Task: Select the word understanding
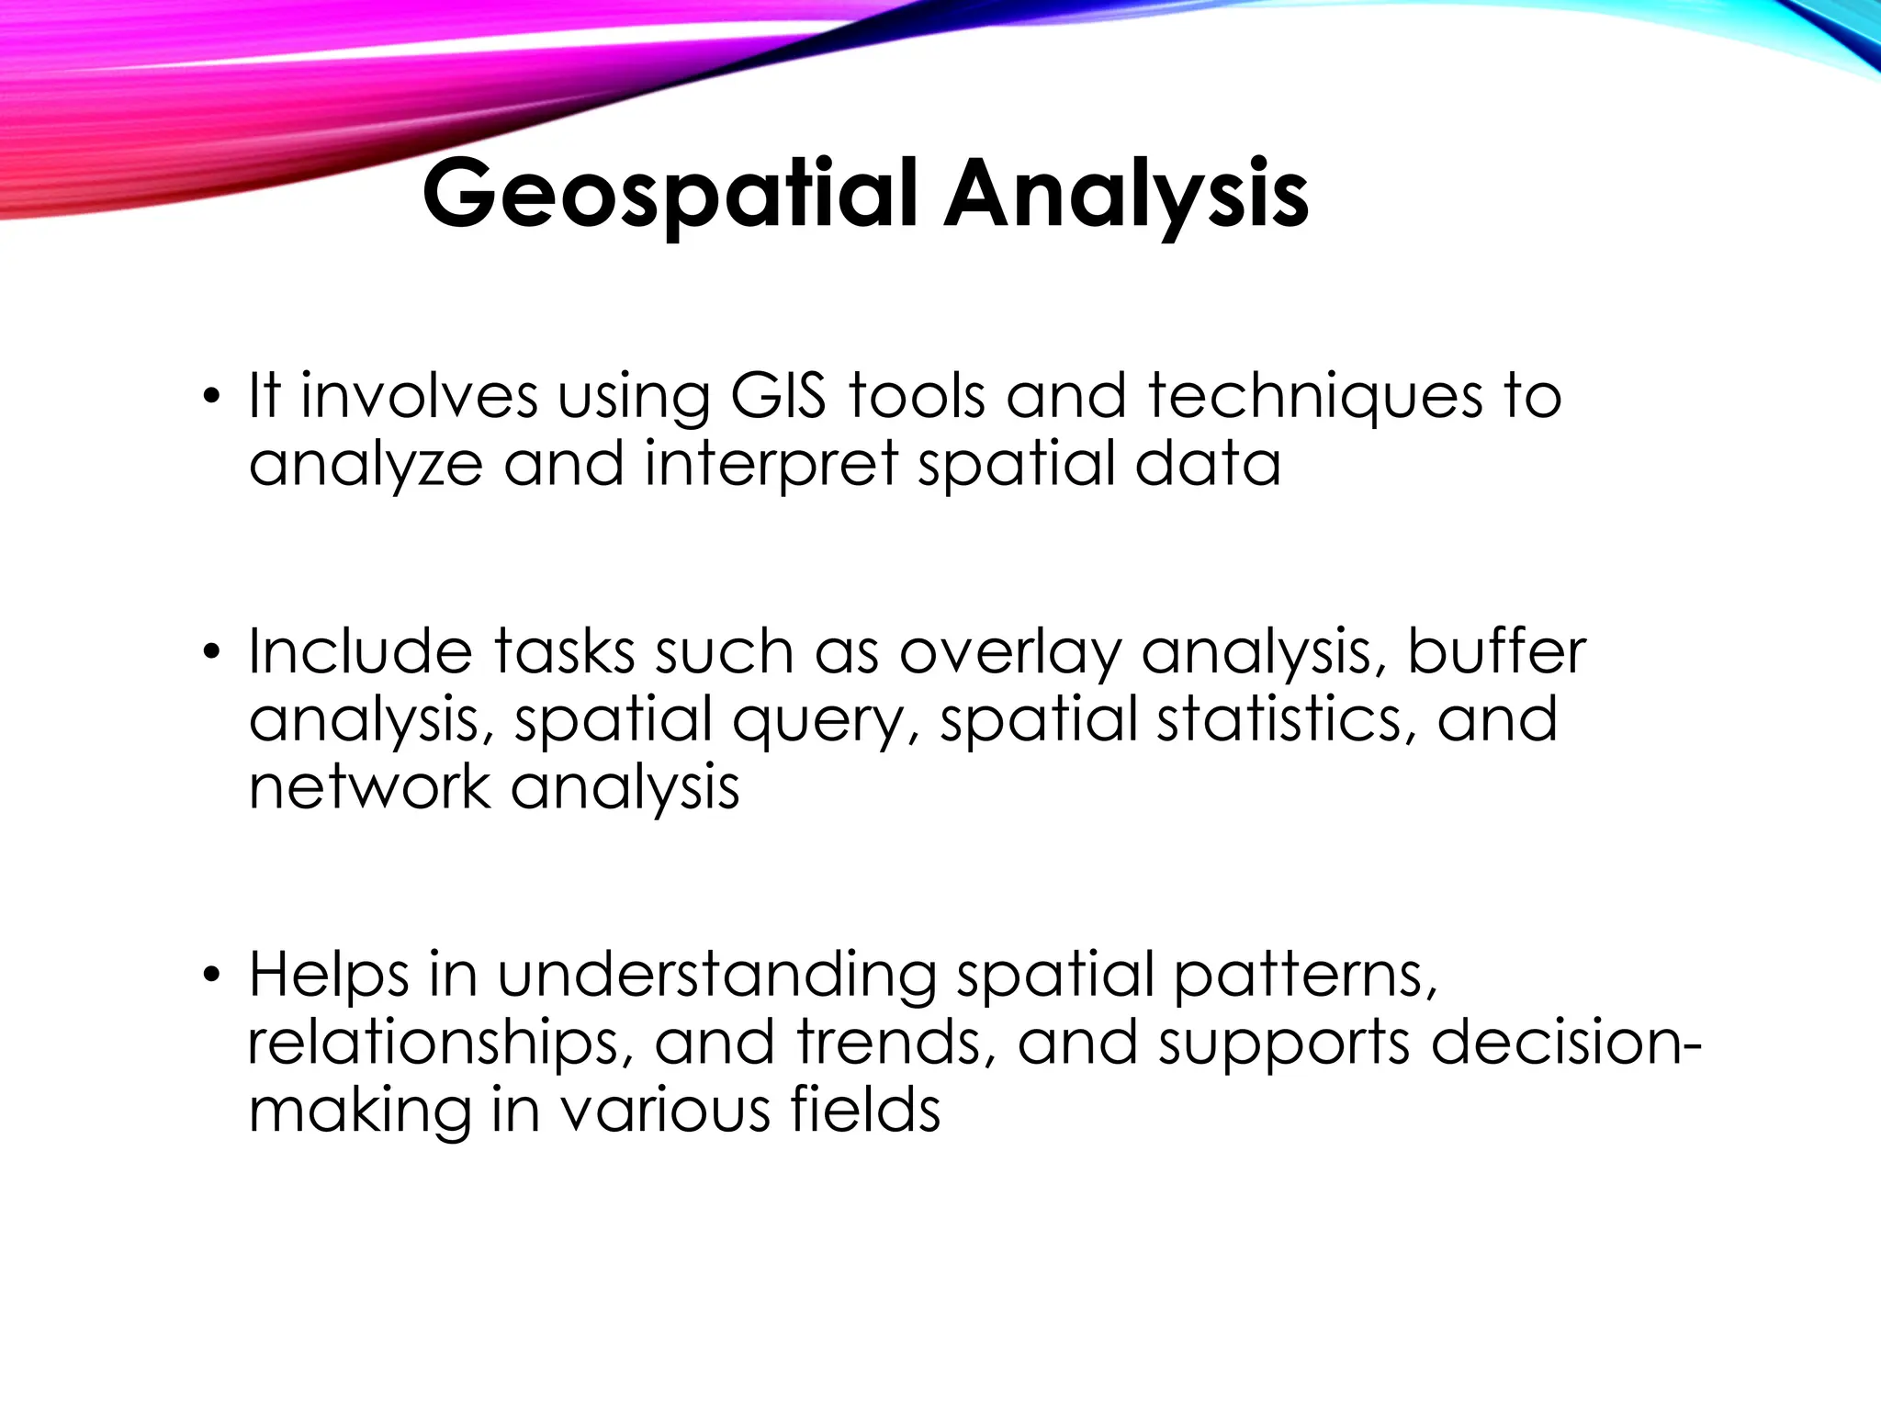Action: (716, 976)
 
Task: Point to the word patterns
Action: (1305, 976)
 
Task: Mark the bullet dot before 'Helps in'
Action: (212, 976)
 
